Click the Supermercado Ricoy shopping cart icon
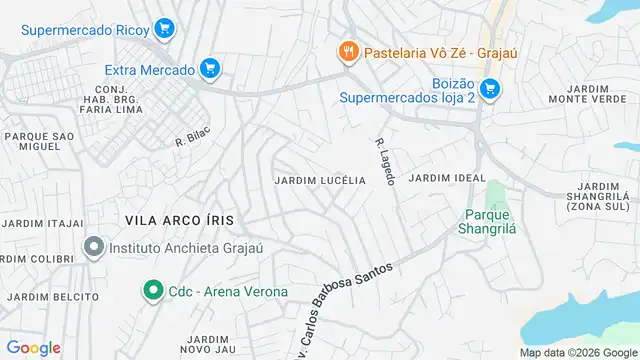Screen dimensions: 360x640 165,29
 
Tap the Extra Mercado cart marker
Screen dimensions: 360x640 209,68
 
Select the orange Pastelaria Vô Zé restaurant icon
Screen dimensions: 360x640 347,49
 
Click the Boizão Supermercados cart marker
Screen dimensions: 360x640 488,90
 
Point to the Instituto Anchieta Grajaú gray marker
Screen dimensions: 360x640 94,246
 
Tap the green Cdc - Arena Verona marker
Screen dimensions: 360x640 153,291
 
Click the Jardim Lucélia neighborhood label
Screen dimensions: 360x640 320,180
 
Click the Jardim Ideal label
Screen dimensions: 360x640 440,178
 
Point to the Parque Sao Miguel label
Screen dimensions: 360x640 39,142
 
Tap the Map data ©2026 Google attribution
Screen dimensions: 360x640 577,352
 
